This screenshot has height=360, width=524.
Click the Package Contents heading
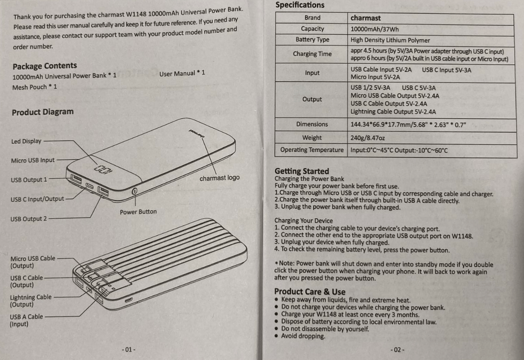45,66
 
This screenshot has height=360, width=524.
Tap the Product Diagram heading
43,112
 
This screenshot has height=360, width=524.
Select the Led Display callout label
26,141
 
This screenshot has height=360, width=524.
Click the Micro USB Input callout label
33,160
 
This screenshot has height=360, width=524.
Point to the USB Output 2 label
28,219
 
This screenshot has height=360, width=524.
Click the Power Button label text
138,212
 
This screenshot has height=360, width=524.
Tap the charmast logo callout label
219,178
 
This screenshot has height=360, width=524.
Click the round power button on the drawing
134,191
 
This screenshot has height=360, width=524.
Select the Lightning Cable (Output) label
30,301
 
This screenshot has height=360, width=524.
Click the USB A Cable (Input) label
26,320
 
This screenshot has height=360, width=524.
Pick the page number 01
128,349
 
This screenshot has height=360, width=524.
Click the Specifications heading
299,6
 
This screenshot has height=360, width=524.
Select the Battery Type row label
312,40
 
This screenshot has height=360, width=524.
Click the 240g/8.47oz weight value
368,138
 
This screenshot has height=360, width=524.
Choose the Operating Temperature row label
311,150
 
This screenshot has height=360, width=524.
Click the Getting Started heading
302,171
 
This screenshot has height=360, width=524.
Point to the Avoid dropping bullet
303,336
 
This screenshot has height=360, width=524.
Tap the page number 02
397,349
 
